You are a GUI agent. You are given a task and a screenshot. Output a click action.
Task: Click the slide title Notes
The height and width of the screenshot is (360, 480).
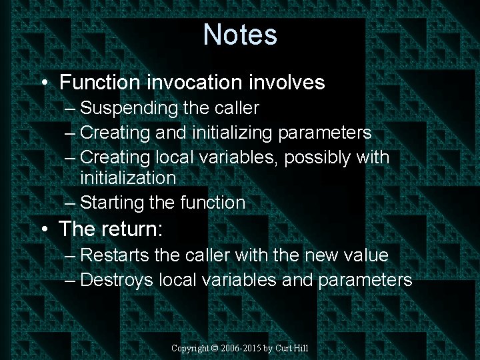pyautogui.click(x=240, y=34)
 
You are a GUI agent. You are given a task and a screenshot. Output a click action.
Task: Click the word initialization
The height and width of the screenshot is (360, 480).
pyautogui.click(x=128, y=178)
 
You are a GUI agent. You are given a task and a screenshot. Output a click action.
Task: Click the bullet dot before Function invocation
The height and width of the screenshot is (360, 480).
pyautogui.click(x=43, y=83)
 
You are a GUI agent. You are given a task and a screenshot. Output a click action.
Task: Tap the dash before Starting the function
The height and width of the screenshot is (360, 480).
pyautogui.click(x=71, y=203)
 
